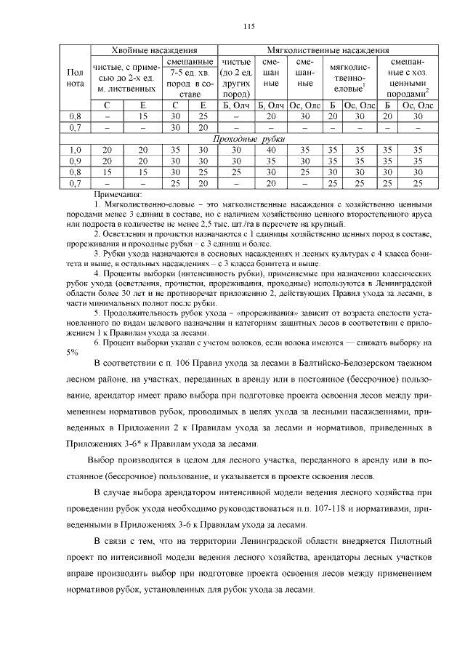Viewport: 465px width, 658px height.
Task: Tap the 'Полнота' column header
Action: (74, 79)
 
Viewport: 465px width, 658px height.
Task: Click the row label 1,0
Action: (74, 149)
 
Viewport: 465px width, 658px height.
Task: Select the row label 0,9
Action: (74, 160)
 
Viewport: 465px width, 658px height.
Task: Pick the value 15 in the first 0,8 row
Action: (143, 116)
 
